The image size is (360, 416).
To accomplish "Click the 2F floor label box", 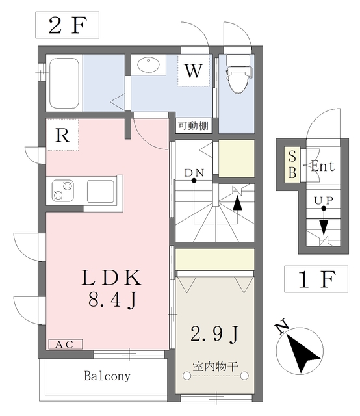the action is coord(67,25).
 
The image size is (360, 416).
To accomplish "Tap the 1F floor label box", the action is coord(316,279).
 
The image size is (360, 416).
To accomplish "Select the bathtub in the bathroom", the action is coord(64,83).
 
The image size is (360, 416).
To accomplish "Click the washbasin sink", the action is coord(148,64).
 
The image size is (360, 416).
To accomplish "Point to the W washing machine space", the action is coord(194,71).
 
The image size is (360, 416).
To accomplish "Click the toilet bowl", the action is coord(238,74).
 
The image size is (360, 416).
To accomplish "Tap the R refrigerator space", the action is coord(62,135).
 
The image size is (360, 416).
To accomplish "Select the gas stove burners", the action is coord(63,190).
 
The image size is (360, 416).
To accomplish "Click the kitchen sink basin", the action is coord(101,191).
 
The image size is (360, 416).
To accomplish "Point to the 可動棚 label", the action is coord(194,125).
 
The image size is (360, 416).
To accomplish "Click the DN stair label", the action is coord(194,173).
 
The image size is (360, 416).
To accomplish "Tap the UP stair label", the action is coord(324,201).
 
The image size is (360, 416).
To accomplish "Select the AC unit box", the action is coord(66,344).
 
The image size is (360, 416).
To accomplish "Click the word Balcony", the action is coord(107,376).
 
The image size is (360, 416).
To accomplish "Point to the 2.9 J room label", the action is coord(215,334).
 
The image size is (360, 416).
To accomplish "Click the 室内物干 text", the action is coord(215,367).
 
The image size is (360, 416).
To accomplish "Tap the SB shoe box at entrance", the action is coord(292,164).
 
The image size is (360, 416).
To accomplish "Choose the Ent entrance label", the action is coord(323,166).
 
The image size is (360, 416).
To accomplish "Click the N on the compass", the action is coord(282,326).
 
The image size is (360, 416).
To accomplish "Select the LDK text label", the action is coord(111,278).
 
